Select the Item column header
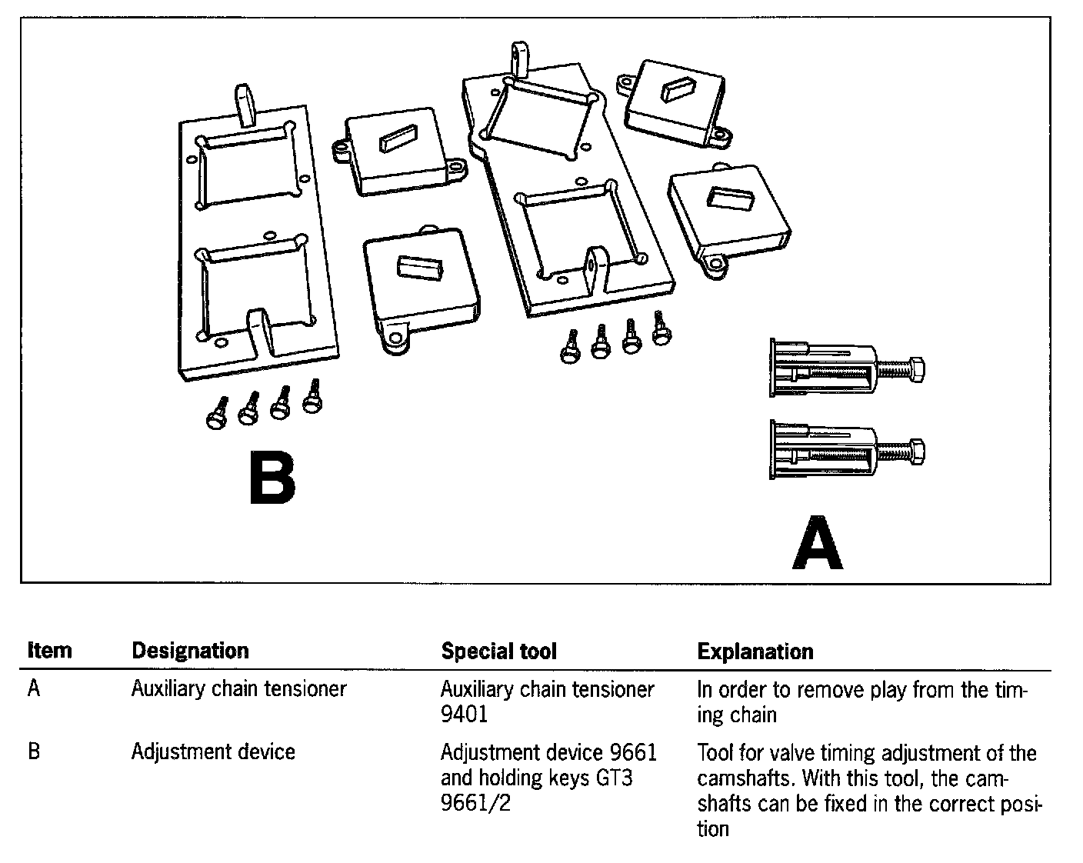tap(49, 651)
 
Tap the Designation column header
tap(190, 651)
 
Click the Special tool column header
tap(498, 651)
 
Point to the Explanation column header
tap(755, 651)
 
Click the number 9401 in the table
tap(464, 715)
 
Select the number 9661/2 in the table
tap(475, 803)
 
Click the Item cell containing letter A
tap(33, 688)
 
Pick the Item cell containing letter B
tap(33, 751)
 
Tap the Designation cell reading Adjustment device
tap(213, 751)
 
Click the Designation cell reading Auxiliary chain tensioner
tap(238, 688)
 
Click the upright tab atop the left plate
tap(245, 105)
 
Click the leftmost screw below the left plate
tap(216, 415)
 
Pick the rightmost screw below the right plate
tap(661, 328)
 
